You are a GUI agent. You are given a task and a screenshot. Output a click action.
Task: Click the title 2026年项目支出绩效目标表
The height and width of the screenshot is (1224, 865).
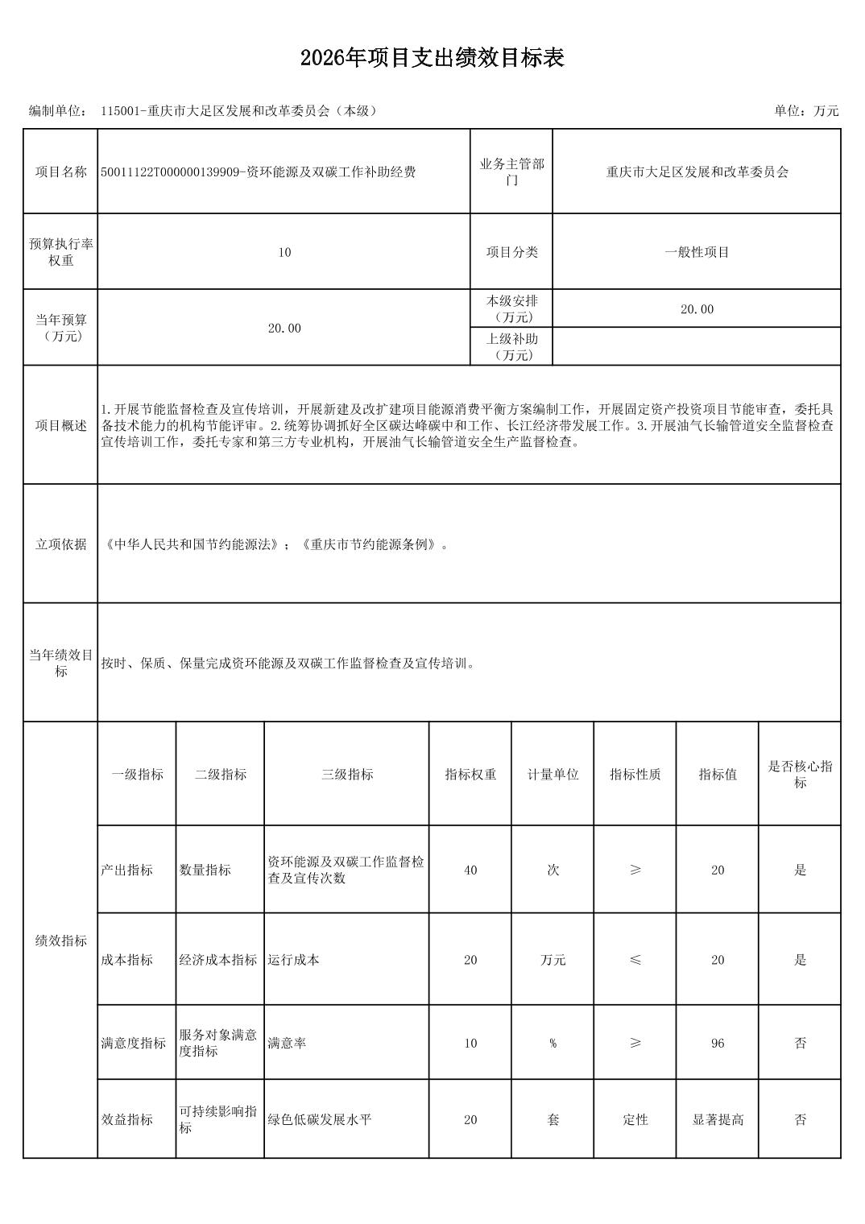click(x=432, y=58)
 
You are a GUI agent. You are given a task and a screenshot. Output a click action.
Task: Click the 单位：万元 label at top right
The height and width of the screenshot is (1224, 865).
click(x=806, y=111)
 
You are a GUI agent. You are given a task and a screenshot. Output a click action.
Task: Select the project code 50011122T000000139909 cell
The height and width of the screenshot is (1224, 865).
click(x=258, y=172)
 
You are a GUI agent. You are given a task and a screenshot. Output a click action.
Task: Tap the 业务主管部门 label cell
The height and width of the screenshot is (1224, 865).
click(x=511, y=172)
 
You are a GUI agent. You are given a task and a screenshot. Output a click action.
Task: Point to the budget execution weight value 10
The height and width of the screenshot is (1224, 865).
click(x=284, y=252)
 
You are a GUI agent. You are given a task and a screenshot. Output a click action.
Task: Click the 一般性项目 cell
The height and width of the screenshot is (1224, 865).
click(x=697, y=252)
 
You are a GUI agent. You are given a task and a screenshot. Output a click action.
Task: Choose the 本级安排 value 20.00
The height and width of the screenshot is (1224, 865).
click(x=697, y=309)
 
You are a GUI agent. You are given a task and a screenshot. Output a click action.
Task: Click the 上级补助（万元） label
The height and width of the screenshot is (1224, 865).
click(x=511, y=347)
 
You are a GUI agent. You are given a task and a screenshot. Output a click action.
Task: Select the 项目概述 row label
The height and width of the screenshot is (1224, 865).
click(x=60, y=425)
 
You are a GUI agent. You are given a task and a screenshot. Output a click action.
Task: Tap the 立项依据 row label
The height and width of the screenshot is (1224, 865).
click(x=60, y=544)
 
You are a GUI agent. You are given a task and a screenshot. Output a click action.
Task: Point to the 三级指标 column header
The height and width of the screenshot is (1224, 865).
click(x=347, y=775)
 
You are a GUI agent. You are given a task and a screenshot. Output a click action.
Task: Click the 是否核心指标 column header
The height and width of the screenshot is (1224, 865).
click(x=800, y=775)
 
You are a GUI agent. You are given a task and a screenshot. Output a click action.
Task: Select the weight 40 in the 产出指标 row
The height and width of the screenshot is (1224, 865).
click(x=470, y=870)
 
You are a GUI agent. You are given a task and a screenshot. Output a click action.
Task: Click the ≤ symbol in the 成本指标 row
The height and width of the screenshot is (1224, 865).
click(x=635, y=960)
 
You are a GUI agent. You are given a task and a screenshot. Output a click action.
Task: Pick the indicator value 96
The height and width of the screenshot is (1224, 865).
click(x=718, y=1044)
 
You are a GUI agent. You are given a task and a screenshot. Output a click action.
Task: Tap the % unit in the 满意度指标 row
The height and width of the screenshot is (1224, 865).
click(x=553, y=1044)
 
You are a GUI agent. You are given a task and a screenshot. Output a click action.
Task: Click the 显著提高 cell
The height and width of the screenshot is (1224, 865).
click(x=718, y=1120)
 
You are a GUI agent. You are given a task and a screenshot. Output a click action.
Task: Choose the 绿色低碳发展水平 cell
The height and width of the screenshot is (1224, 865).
click(x=320, y=1120)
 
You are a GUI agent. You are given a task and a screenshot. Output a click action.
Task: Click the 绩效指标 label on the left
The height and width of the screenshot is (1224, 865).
click(x=60, y=941)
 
